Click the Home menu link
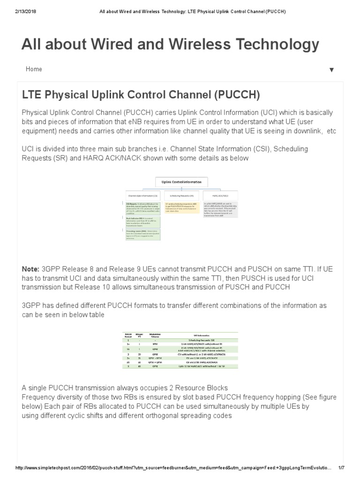point(34,69)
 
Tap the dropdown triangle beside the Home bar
point(331,70)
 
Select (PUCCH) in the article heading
point(237,95)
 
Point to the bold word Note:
point(30,270)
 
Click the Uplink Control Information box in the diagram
point(181,181)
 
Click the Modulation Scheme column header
point(155,336)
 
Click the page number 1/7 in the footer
point(341,468)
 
